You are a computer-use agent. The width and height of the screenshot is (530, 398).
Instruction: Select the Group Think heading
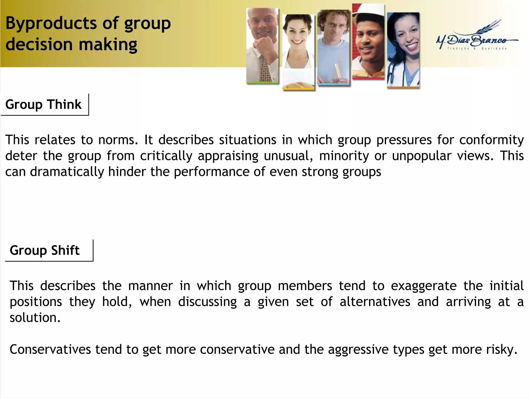click(x=43, y=104)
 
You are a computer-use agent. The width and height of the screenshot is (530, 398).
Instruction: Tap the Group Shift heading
click(x=45, y=250)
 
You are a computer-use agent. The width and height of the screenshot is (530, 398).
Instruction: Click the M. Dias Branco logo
click(x=476, y=38)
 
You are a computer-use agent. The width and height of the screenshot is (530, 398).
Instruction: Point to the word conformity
click(x=491, y=140)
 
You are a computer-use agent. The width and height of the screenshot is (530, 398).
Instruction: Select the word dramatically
click(x=67, y=172)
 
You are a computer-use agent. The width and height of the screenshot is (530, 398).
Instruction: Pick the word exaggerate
click(x=424, y=286)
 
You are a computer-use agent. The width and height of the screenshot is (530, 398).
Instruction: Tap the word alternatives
click(x=375, y=302)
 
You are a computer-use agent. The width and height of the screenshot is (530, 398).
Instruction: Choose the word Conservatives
click(x=50, y=350)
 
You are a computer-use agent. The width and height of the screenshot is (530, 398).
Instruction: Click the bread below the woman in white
click(x=298, y=85)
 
